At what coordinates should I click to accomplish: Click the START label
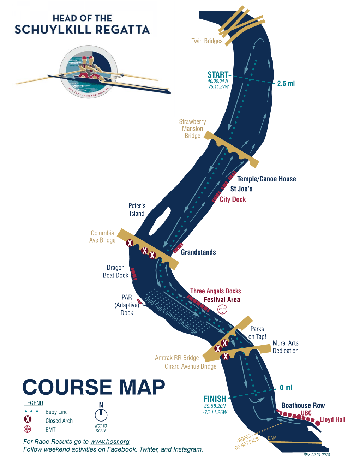click(x=218, y=75)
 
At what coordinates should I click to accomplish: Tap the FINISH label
click(x=215, y=399)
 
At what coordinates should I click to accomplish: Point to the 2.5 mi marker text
click(x=286, y=84)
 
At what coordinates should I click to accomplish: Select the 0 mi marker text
click(x=286, y=388)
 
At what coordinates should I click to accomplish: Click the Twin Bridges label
click(x=207, y=41)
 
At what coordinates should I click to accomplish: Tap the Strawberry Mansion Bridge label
click(x=192, y=129)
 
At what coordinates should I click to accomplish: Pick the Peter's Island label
click(x=137, y=210)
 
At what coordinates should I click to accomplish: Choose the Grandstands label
click(x=198, y=252)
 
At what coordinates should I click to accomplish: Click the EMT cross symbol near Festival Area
click(x=222, y=310)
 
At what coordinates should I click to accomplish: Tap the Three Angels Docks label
click(x=215, y=291)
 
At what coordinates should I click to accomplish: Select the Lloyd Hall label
click(x=332, y=419)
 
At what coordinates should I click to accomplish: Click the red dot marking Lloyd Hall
click(x=318, y=423)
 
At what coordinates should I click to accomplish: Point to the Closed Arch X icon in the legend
click(x=28, y=419)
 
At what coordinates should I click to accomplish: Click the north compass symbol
click(x=101, y=415)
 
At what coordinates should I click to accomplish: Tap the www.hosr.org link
click(x=110, y=442)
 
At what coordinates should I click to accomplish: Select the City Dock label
click(x=233, y=199)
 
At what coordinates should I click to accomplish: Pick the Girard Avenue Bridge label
click(x=191, y=366)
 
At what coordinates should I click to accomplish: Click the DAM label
click(x=272, y=438)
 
